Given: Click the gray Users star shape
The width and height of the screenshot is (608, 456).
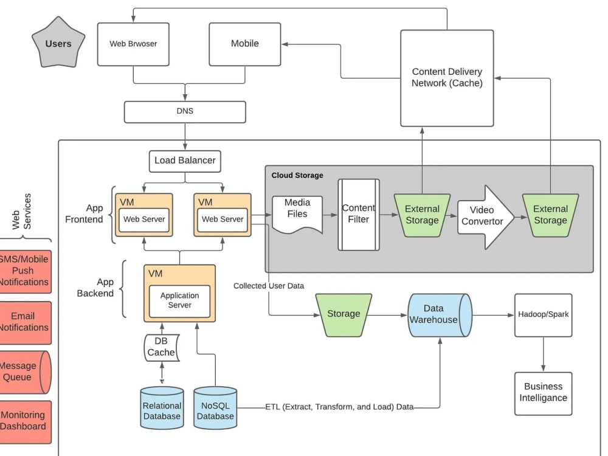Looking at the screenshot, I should pyautogui.click(x=58, y=43).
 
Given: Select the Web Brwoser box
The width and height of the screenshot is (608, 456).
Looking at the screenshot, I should pyautogui.click(x=133, y=44).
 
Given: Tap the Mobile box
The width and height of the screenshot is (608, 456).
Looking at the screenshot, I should pyautogui.click(x=244, y=44).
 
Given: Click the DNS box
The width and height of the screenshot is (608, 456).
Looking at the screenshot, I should pyautogui.click(x=185, y=112).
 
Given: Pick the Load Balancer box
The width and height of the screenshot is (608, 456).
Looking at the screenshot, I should pyautogui.click(x=185, y=161).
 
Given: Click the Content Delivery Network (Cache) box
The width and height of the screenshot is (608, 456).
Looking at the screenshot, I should pyautogui.click(x=447, y=78).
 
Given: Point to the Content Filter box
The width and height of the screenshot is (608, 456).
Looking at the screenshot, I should pyautogui.click(x=359, y=214).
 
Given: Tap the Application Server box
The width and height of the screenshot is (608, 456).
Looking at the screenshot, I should pyautogui.click(x=180, y=300).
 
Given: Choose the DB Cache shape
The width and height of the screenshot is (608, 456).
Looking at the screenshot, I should pyautogui.click(x=162, y=347).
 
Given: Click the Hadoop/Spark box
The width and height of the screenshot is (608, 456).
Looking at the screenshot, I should pyautogui.click(x=543, y=314).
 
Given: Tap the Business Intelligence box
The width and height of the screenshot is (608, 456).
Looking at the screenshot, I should pyautogui.click(x=543, y=393).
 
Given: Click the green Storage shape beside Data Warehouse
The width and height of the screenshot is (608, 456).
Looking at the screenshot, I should pyautogui.click(x=344, y=314).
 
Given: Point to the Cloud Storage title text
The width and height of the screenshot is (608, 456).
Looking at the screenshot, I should pyautogui.click(x=297, y=175).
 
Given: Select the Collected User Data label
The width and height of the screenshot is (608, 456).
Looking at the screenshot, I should pyautogui.click(x=269, y=286).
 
